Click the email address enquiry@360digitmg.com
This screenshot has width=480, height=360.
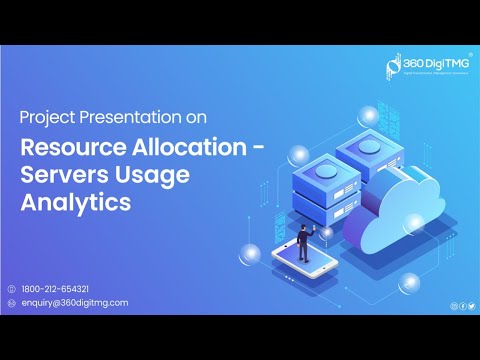click(74, 302)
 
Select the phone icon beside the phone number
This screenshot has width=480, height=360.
click(11, 288)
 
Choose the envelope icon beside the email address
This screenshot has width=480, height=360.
click(11, 302)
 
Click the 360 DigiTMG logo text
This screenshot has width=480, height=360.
click(432, 62)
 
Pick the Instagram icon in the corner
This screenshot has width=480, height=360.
click(453, 305)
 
